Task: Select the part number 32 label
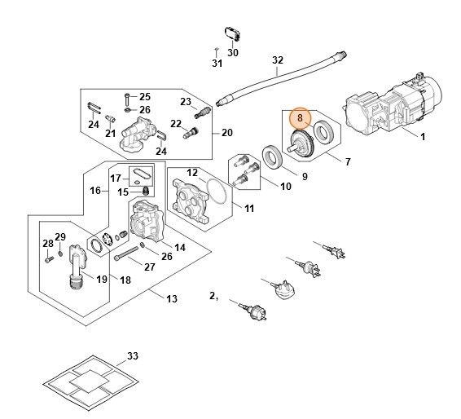(278, 60)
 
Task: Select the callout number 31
(217, 63)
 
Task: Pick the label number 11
(249, 209)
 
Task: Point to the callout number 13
(172, 299)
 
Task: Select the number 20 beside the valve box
(226, 134)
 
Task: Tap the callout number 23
(185, 101)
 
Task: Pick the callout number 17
(115, 179)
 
